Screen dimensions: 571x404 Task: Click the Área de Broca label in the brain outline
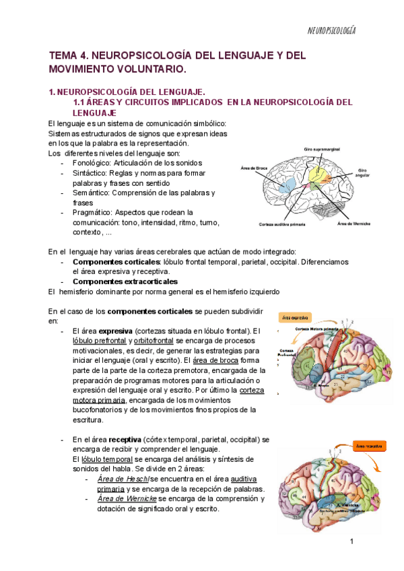(x=250, y=169)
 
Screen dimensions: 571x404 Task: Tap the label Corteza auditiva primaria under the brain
(x=286, y=224)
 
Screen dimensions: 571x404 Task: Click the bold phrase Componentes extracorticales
(x=125, y=281)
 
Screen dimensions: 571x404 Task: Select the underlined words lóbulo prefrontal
(x=99, y=341)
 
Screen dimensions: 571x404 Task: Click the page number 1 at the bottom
(x=351, y=542)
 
